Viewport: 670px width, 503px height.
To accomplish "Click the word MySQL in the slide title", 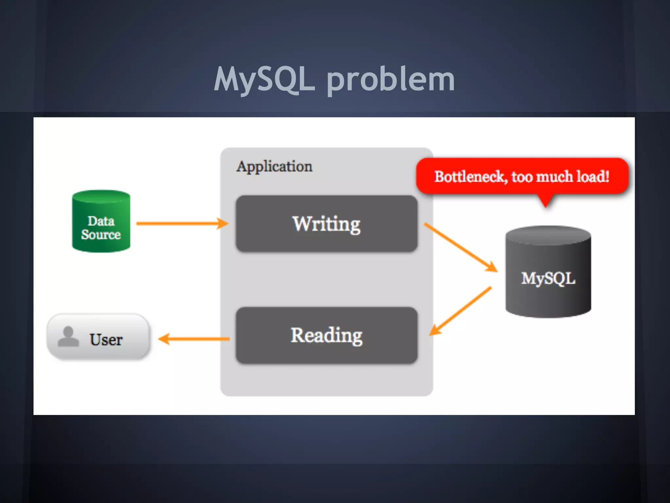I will click(x=264, y=79).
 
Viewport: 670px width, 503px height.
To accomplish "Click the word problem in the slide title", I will click(x=391, y=79).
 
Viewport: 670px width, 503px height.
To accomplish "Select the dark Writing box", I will click(x=326, y=224).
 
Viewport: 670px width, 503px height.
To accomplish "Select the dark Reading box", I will click(x=326, y=335).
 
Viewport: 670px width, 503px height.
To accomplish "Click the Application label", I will click(x=274, y=166).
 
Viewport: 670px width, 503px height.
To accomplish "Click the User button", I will click(x=98, y=337).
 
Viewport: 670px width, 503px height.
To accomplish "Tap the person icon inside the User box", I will click(x=68, y=337).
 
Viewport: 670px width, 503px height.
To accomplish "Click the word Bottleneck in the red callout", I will click(x=470, y=177).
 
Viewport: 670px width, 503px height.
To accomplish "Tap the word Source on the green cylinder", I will click(x=101, y=234).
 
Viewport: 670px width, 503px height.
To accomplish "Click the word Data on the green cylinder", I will click(x=101, y=221).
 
